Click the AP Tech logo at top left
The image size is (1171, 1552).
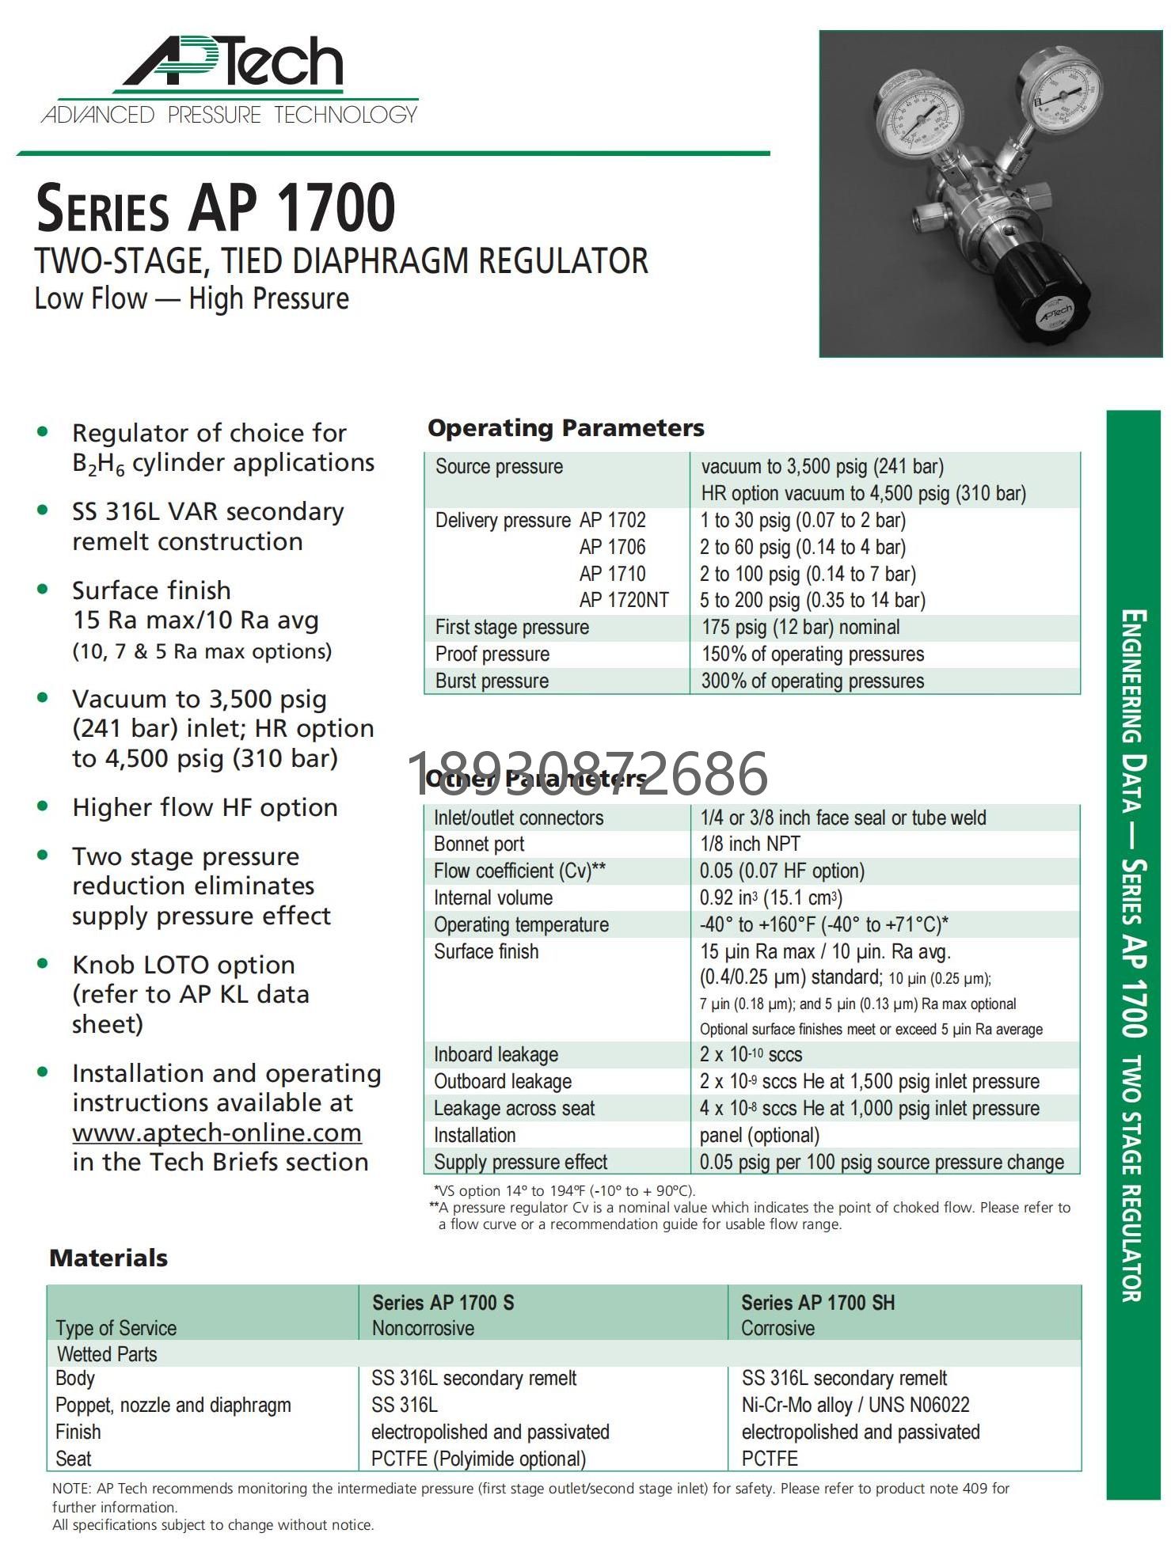coord(230,79)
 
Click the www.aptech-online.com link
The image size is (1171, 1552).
coord(217,1133)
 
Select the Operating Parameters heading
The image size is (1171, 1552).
coord(565,428)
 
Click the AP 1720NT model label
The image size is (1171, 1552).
coord(624,600)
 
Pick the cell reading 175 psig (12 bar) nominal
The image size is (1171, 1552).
coord(800,628)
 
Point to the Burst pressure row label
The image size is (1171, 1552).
coord(492,681)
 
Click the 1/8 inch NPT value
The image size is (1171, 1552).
coord(750,844)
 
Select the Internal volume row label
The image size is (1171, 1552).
coord(493,897)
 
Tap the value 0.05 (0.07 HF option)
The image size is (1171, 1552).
coord(781,871)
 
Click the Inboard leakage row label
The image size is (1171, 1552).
coord(496,1054)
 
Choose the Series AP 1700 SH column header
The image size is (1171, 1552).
coord(818,1302)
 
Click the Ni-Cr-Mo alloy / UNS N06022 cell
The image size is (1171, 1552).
coord(855,1405)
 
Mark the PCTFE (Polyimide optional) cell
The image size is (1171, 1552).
coord(478,1458)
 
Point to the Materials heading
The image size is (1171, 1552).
coord(108,1258)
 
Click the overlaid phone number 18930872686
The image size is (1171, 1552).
coord(587,773)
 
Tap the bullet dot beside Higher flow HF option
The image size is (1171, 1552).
coord(43,806)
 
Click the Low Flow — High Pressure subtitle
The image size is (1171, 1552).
coord(192,299)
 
